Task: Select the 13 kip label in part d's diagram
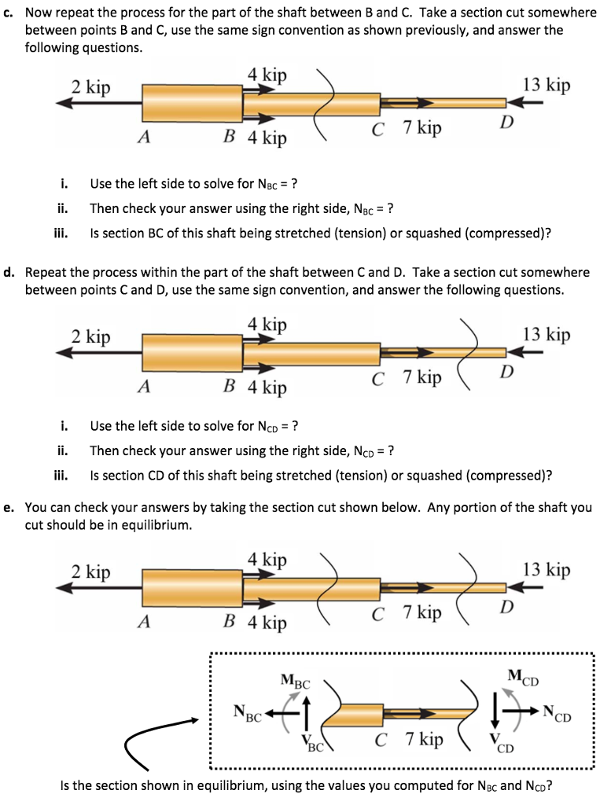pos(546,334)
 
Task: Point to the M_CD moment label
pos(523,675)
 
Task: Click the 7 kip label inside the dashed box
pos(424,740)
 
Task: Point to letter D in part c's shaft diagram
pos(507,121)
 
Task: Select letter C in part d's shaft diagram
pos(379,378)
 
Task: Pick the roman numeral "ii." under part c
pos(63,208)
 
